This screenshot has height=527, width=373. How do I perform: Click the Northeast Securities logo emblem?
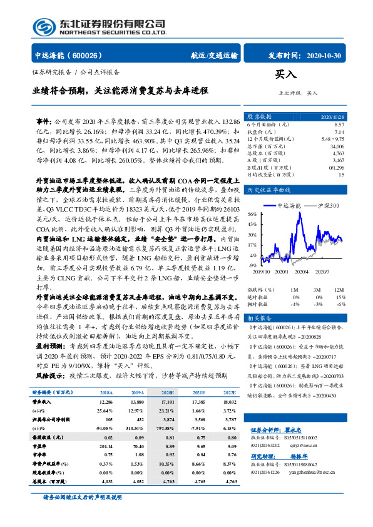click(43, 27)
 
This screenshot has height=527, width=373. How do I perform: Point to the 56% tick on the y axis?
click(252, 214)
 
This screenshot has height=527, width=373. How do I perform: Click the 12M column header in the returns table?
click(340, 290)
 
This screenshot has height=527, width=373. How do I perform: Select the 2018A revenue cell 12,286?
click(106, 400)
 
